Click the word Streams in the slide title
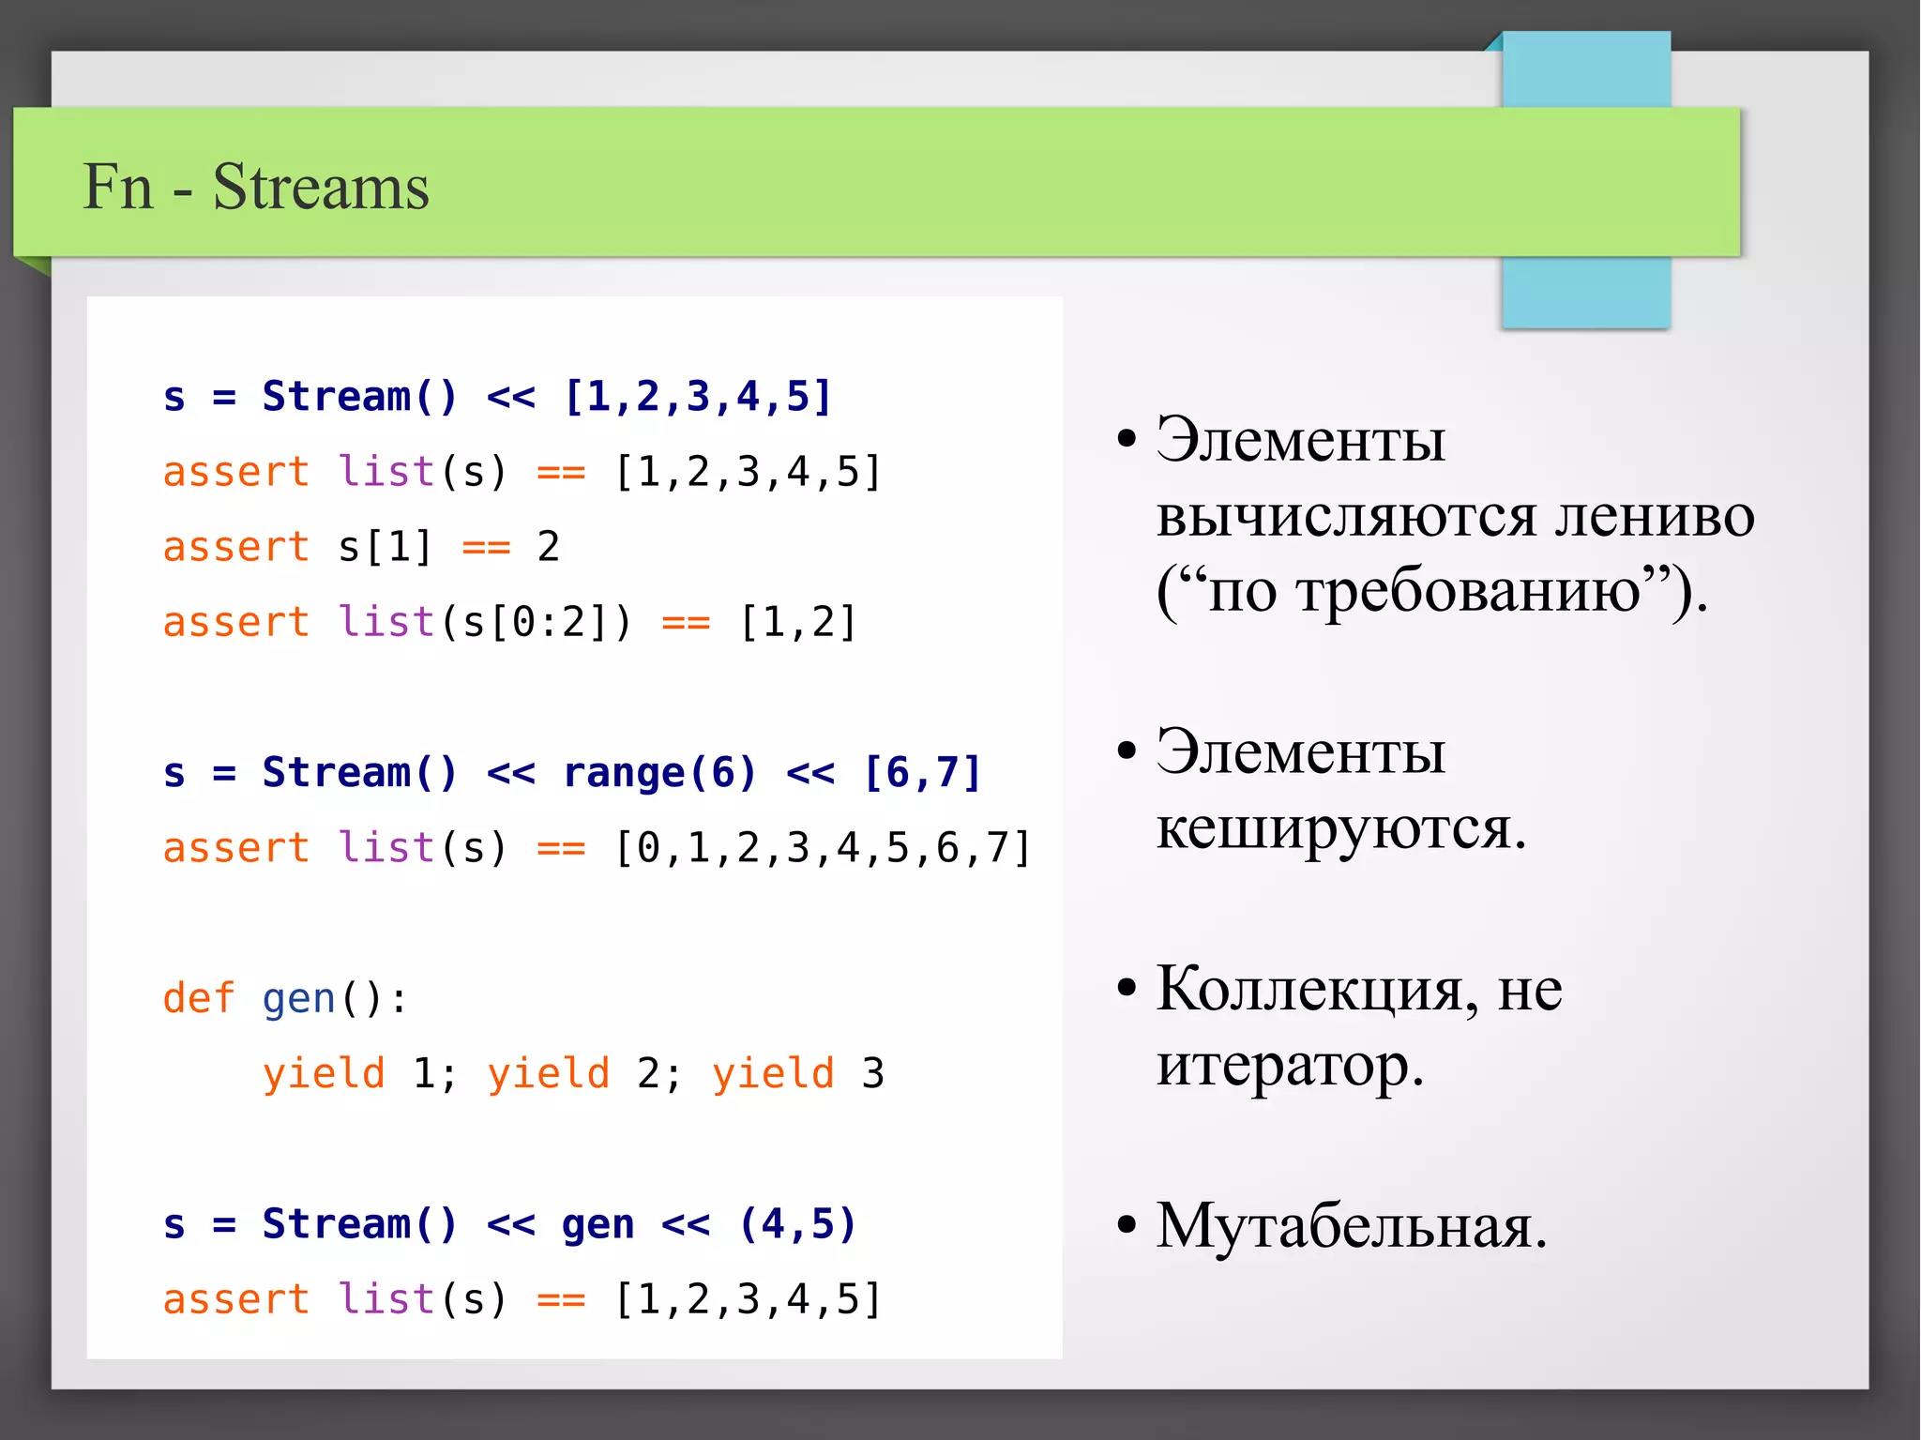[x=320, y=187]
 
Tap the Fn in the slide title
[x=117, y=187]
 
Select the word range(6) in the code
[x=658, y=773]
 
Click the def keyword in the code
[x=198, y=998]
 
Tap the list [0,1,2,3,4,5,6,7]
[x=823, y=848]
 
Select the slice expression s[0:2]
[x=534, y=623]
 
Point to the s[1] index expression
[x=385, y=547]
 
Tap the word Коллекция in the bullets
[x=1309, y=989]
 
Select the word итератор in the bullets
[x=1290, y=1066]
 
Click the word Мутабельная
[x=1351, y=1225]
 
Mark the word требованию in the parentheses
[x=1425, y=591]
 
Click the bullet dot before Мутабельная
[x=1127, y=1225]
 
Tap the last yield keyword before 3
[x=773, y=1074]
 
